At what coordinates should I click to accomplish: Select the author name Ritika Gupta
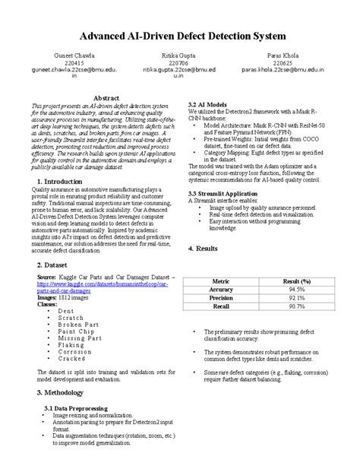tap(181, 57)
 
